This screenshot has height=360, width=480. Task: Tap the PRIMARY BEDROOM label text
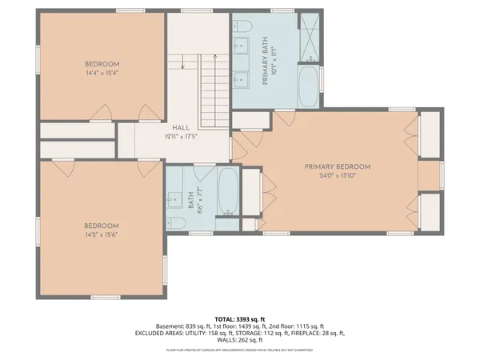coord(338,166)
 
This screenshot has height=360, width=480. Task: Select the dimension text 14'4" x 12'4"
coord(102,74)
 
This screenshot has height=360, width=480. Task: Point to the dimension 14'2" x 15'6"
coord(102,234)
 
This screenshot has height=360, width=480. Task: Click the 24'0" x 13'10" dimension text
coord(338,176)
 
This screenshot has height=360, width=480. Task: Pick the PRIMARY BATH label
coord(265,61)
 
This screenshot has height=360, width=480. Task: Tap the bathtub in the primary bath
coord(309,86)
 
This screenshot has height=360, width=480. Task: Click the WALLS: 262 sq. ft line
coord(240,340)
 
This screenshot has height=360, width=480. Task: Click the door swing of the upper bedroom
coord(102,110)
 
